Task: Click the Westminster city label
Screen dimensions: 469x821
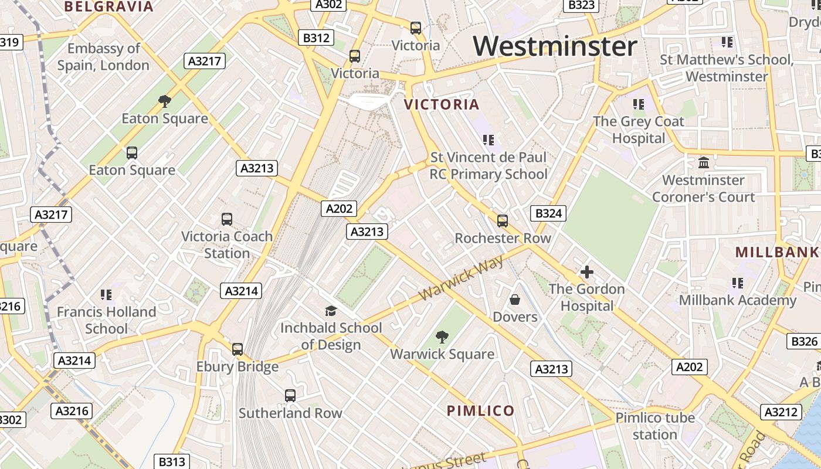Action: [x=555, y=46]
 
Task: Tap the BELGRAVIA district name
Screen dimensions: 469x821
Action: [x=109, y=7]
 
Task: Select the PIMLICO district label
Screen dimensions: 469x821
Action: [x=481, y=410]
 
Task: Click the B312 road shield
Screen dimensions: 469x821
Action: [x=316, y=38]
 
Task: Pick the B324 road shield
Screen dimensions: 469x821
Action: [x=549, y=213]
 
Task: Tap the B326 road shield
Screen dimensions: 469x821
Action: [x=804, y=342]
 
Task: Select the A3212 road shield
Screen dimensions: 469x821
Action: [x=781, y=412]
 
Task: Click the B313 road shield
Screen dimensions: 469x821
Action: [x=172, y=462]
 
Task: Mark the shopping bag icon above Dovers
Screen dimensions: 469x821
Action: [x=515, y=300]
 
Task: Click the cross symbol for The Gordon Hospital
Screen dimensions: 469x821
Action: [x=586, y=272]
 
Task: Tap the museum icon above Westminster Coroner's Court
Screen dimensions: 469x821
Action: [x=704, y=162]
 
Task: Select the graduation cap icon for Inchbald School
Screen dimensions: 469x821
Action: [x=331, y=311]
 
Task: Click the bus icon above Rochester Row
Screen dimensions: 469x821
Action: [x=503, y=221]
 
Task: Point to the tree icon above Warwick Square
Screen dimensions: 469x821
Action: [x=442, y=337]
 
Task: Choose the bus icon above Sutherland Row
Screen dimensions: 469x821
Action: [x=290, y=396]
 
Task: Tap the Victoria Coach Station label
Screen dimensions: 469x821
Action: [x=227, y=245]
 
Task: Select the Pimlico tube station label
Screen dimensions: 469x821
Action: [x=655, y=426]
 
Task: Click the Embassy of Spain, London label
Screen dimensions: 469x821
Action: [x=103, y=57]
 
